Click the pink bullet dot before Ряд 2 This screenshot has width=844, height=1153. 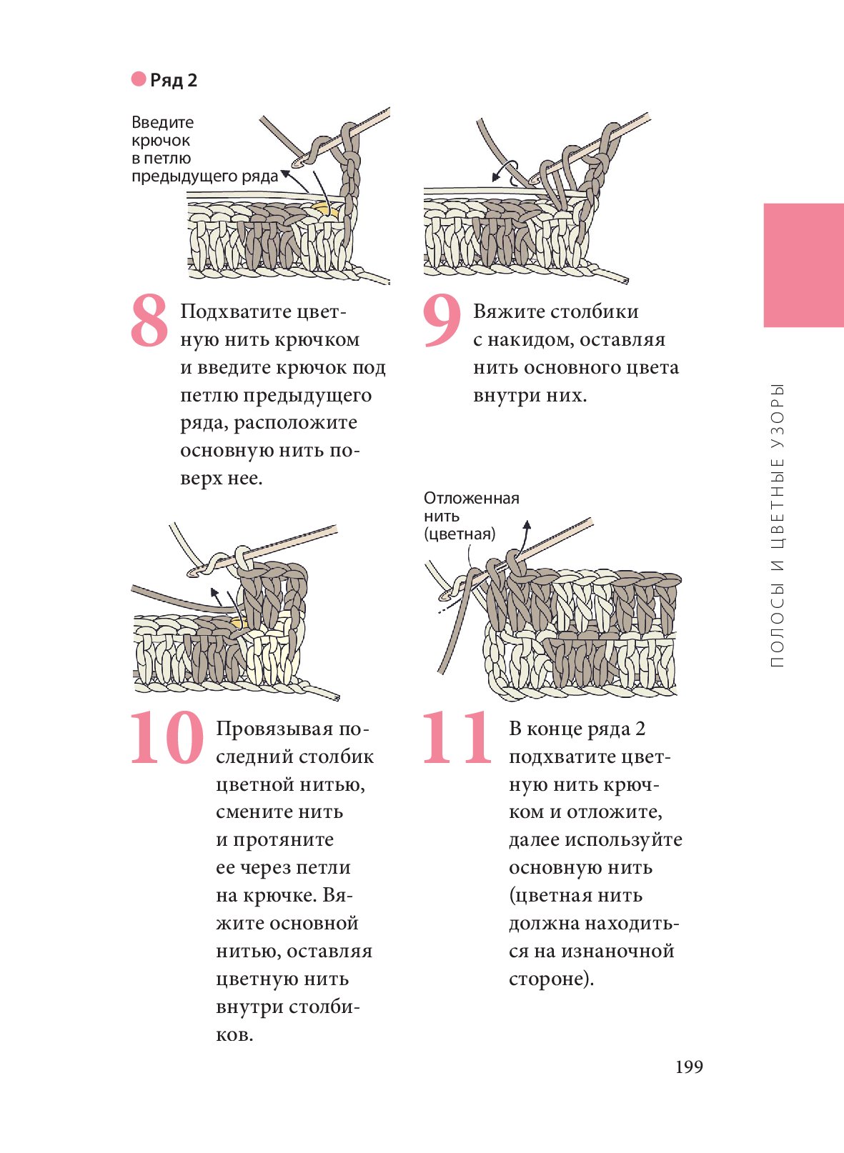coord(139,79)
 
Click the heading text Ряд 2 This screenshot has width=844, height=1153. coord(174,80)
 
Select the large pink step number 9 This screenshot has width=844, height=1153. coord(442,319)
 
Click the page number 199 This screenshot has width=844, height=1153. coord(689,1067)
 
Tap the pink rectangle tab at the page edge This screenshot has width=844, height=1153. coord(803,265)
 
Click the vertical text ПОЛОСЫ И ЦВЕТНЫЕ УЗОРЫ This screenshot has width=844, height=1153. coord(777,526)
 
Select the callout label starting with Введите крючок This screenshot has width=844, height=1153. coord(204,149)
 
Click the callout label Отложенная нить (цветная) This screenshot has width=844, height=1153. coord(471,516)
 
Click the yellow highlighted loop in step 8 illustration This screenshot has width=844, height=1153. coord(324,209)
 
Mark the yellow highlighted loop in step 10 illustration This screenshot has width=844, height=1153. coord(239,622)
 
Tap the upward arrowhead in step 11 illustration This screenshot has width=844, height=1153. coord(527,524)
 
